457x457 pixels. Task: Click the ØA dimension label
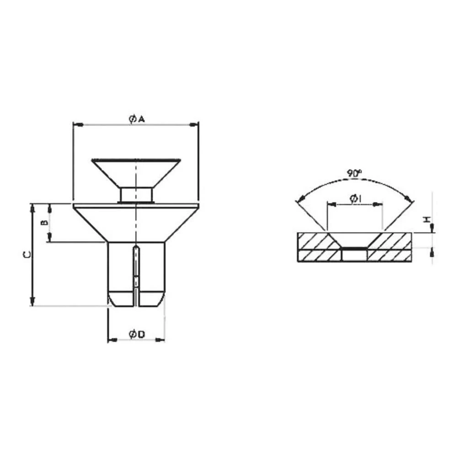click(136, 119)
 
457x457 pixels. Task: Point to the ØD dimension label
click(136, 335)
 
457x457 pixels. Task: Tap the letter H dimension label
click(426, 220)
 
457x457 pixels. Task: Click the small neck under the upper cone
click(136, 195)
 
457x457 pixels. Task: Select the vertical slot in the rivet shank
click(136, 274)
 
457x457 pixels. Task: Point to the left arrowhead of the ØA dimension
click(77, 124)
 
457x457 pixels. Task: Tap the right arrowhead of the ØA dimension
click(196, 124)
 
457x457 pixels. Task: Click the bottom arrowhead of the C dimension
click(32, 302)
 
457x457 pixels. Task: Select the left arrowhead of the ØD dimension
click(111, 340)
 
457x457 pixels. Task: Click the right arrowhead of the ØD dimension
click(162, 340)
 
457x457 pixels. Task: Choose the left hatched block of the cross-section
click(315, 247)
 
